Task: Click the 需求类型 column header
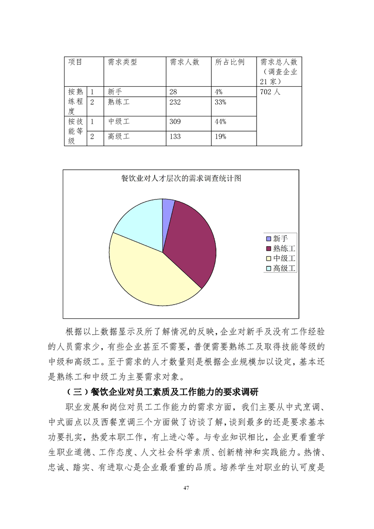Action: [x=122, y=62]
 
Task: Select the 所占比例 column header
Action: [x=230, y=62]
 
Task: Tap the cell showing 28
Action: [x=173, y=92]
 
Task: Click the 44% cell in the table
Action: [x=221, y=122]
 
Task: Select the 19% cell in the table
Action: [x=221, y=137]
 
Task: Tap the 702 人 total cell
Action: [x=270, y=92]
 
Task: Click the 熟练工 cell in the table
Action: [x=118, y=102]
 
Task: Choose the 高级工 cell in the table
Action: [x=118, y=137]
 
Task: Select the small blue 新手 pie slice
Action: [x=168, y=204]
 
